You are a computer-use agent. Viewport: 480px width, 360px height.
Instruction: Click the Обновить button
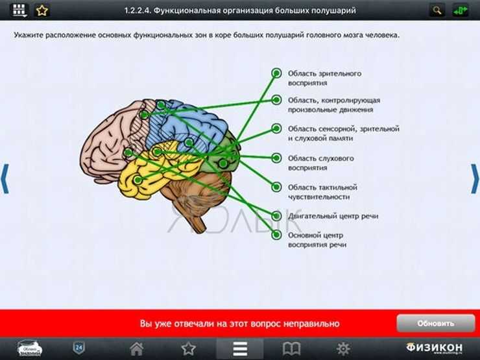436,323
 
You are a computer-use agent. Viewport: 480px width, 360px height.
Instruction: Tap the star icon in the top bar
42,11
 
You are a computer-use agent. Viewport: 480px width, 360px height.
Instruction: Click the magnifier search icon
437,11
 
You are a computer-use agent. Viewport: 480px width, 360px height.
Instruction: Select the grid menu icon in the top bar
19,11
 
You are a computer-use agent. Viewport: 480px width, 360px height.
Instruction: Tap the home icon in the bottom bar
136,348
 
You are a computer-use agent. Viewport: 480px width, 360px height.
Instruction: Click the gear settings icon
343,348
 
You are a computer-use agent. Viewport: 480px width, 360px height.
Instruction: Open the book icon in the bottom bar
291,348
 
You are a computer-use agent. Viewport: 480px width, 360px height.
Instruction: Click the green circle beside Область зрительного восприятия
276,73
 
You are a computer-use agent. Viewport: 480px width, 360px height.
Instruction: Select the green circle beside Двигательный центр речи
276,216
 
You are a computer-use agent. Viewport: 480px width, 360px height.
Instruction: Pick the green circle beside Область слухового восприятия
276,158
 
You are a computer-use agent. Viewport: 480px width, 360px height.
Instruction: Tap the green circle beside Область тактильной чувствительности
276,187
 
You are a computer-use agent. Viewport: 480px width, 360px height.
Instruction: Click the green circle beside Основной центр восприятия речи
276,235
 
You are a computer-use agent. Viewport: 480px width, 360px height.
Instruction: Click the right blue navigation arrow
475,179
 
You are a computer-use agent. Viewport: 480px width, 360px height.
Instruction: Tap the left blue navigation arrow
5,179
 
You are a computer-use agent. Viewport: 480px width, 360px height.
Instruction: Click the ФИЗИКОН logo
435,348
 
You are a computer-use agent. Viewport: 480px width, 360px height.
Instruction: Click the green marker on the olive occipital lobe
223,163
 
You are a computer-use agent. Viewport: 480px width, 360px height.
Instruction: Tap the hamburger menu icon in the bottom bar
240,348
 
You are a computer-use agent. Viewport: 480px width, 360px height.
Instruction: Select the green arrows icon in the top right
460,11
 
